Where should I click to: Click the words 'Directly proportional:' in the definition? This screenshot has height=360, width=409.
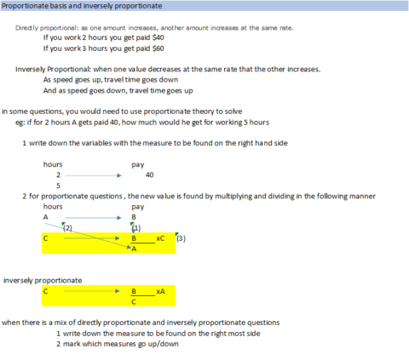(44, 27)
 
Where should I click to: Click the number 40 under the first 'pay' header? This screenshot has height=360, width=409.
(149, 174)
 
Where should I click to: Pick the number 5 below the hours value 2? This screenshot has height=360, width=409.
(58, 185)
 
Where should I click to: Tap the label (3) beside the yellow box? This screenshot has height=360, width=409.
(181, 238)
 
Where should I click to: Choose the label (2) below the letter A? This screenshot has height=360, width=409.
(68, 227)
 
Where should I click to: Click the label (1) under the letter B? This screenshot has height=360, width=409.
(136, 227)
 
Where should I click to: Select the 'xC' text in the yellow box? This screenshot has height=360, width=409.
(160, 238)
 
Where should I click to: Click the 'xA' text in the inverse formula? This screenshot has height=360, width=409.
(160, 291)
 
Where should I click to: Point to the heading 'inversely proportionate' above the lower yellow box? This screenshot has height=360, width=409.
(43, 279)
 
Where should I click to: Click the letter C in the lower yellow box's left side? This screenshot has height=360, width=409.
(46, 291)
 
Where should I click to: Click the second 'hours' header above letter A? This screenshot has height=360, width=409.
(52, 206)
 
